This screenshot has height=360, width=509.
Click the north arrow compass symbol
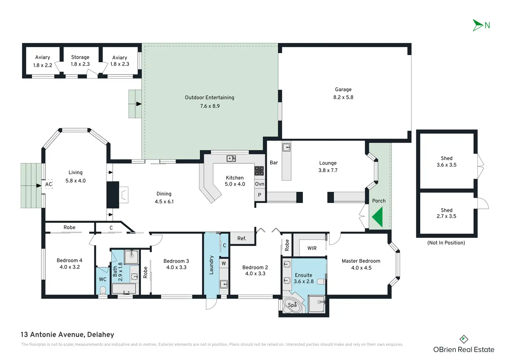[x=478, y=25]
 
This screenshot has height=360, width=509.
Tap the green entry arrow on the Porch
[x=378, y=217]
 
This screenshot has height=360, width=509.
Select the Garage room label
[x=343, y=90]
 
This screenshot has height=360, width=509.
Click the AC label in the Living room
[x=49, y=184]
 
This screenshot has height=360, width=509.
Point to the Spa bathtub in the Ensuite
[x=293, y=305]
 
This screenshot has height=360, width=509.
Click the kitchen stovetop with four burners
[x=259, y=171]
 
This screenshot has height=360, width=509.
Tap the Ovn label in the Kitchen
[x=260, y=184]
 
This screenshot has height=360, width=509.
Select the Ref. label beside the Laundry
[x=242, y=239]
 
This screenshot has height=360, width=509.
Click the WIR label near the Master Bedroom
[x=312, y=248]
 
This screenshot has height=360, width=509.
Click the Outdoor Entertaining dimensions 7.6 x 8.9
[x=210, y=106]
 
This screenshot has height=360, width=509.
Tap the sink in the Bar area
[x=286, y=147]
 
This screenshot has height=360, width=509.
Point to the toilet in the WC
[x=103, y=290]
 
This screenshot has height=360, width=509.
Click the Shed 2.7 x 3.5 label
[x=446, y=213]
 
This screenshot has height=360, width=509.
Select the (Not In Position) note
[x=446, y=243]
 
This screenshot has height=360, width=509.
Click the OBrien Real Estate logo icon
[x=464, y=339]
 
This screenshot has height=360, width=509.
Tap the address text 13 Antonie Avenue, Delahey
[x=67, y=334]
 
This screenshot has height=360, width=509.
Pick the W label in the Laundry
[x=224, y=264]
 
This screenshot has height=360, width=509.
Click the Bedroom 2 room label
[x=255, y=267]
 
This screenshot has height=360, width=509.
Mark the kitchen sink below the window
[x=231, y=159]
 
